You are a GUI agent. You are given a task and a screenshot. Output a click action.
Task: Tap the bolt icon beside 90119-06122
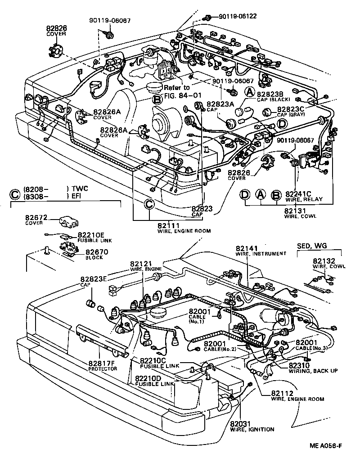(208, 18)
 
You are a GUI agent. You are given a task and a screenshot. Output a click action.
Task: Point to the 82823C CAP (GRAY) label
(291, 109)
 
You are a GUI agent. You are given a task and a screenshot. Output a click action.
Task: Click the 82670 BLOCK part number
(95, 252)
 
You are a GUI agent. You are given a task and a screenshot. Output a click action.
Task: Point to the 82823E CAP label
(94, 279)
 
